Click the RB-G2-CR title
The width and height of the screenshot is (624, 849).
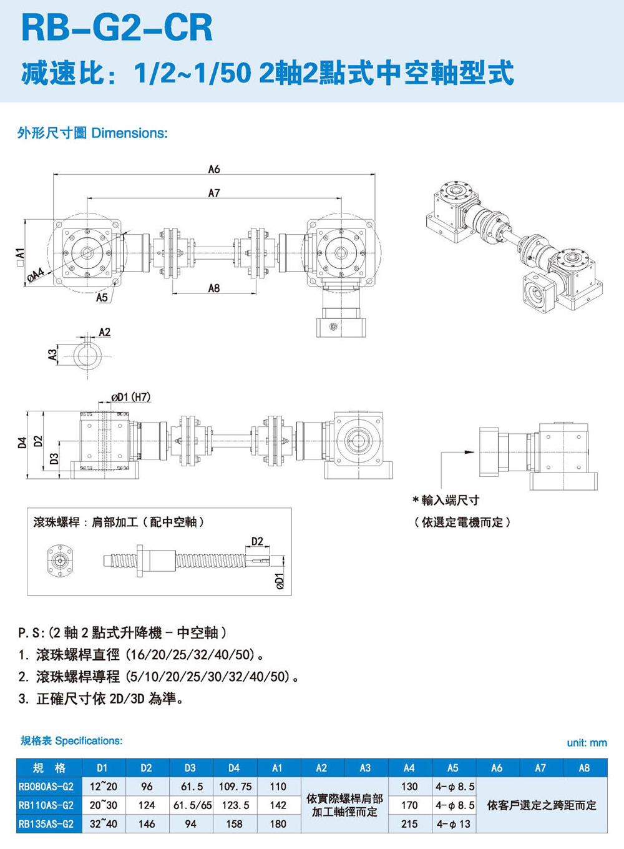click(x=117, y=28)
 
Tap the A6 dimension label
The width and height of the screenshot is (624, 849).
click(x=214, y=169)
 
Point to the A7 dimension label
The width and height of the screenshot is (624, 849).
click(x=214, y=193)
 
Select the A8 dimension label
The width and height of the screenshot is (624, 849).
click(x=214, y=288)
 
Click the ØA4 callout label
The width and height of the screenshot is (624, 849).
click(x=36, y=274)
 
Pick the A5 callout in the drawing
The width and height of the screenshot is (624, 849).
click(x=102, y=298)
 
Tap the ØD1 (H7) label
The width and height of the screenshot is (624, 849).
click(x=130, y=397)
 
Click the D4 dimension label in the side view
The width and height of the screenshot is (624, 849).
click(x=22, y=443)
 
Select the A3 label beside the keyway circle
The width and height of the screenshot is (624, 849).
click(x=52, y=355)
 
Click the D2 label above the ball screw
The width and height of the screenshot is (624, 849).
click(x=257, y=541)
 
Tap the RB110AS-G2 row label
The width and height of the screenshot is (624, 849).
click(x=46, y=805)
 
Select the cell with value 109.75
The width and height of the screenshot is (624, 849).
click(x=234, y=787)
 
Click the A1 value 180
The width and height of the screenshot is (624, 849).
click(x=278, y=824)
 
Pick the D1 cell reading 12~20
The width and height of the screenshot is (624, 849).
click(x=103, y=787)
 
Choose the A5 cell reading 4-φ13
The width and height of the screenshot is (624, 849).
click(x=453, y=824)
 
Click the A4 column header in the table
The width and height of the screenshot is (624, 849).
click(x=409, y=768)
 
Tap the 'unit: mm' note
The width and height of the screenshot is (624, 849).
click(x=587, y=742)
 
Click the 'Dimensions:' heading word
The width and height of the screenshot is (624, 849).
click(x=129, y=133)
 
